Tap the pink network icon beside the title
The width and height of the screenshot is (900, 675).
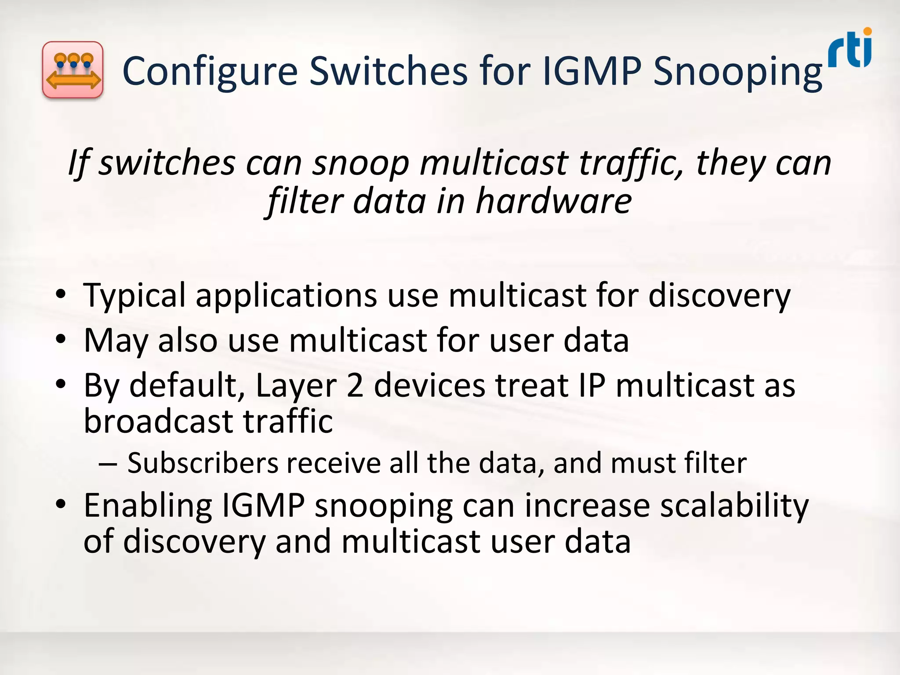pyautogui.click(x=73, y=70)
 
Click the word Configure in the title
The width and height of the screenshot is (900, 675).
pyautogui.click(x=210, y=71)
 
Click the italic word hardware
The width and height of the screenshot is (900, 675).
pyautogui.click(x=554, y=201)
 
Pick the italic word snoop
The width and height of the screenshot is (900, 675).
pyautogui.click(x=360, y=163)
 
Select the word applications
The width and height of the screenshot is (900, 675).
pyautogui.click(x=286, y=296)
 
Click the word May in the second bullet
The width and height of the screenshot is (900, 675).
pyautogui.click(x=116, y=341)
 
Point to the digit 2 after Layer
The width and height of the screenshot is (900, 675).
pyautogui.click(x=355, y=385)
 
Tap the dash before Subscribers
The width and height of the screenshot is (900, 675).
pyautogui.click(x=108, y=464)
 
